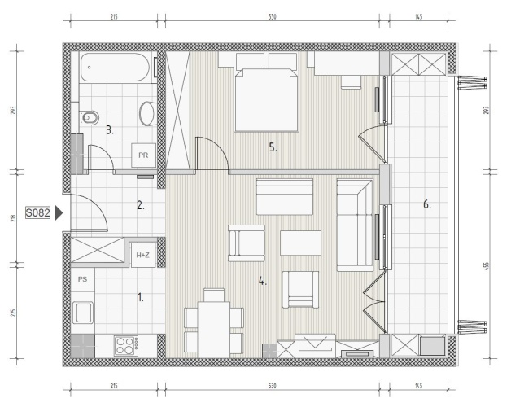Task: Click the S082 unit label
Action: click(37, 213)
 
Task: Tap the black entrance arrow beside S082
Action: click(59, 213)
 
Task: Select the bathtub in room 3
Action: click(115, 68)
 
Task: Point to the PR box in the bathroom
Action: click(143, 155)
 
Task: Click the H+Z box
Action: click(142, 255)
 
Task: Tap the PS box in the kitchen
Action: click(83, 279)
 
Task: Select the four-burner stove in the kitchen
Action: click(126, 346)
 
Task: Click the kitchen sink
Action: click(83, 313)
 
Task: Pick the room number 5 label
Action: click(273, 147)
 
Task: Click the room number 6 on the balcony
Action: click(427, 205)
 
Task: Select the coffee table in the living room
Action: click(300, 243)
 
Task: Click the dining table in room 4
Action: click(214, 330)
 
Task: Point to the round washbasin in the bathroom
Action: click(148, 113)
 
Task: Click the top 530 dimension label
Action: click(272, 16)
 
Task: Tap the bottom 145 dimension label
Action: click(419, 386)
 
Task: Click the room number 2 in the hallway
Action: click(141, 205)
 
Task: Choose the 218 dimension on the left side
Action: click(13, 218)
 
